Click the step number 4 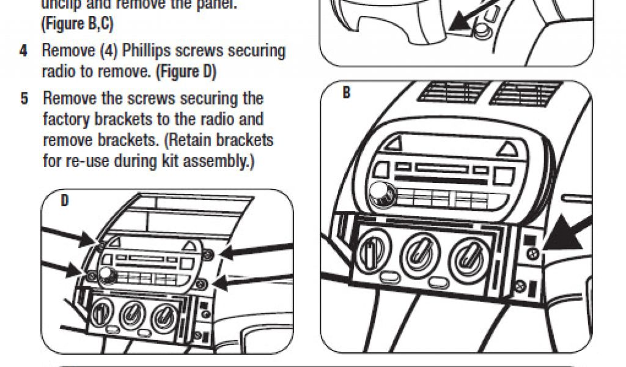pyautogui.click(x=23, y=51)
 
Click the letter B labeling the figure pyautogui.click(x=346, y=94)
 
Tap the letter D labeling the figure pyautogui.click(x=64, y=200)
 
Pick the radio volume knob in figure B pyautogui.click(x=386, y=195)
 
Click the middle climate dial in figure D pyautogui.click(x=130, y=314)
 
